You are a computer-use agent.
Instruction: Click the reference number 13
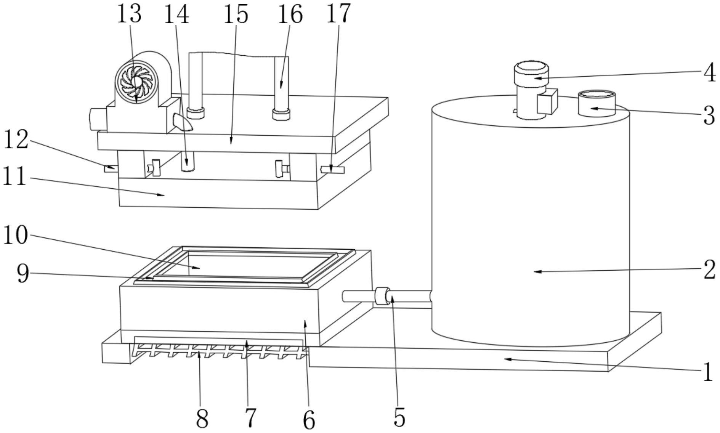[129, 14]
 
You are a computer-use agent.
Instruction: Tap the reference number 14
[176, 14]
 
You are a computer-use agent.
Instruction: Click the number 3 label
[709, 115]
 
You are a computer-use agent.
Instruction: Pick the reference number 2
[709, 270]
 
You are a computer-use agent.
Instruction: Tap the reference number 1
[708, 372]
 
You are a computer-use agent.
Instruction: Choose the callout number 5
[399, 417]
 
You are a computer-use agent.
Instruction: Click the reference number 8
[202, 418]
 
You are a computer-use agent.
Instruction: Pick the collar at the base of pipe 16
[282, 114]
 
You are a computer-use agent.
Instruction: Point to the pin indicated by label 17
[332, 170]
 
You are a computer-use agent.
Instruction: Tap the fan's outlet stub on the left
[98, 119]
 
